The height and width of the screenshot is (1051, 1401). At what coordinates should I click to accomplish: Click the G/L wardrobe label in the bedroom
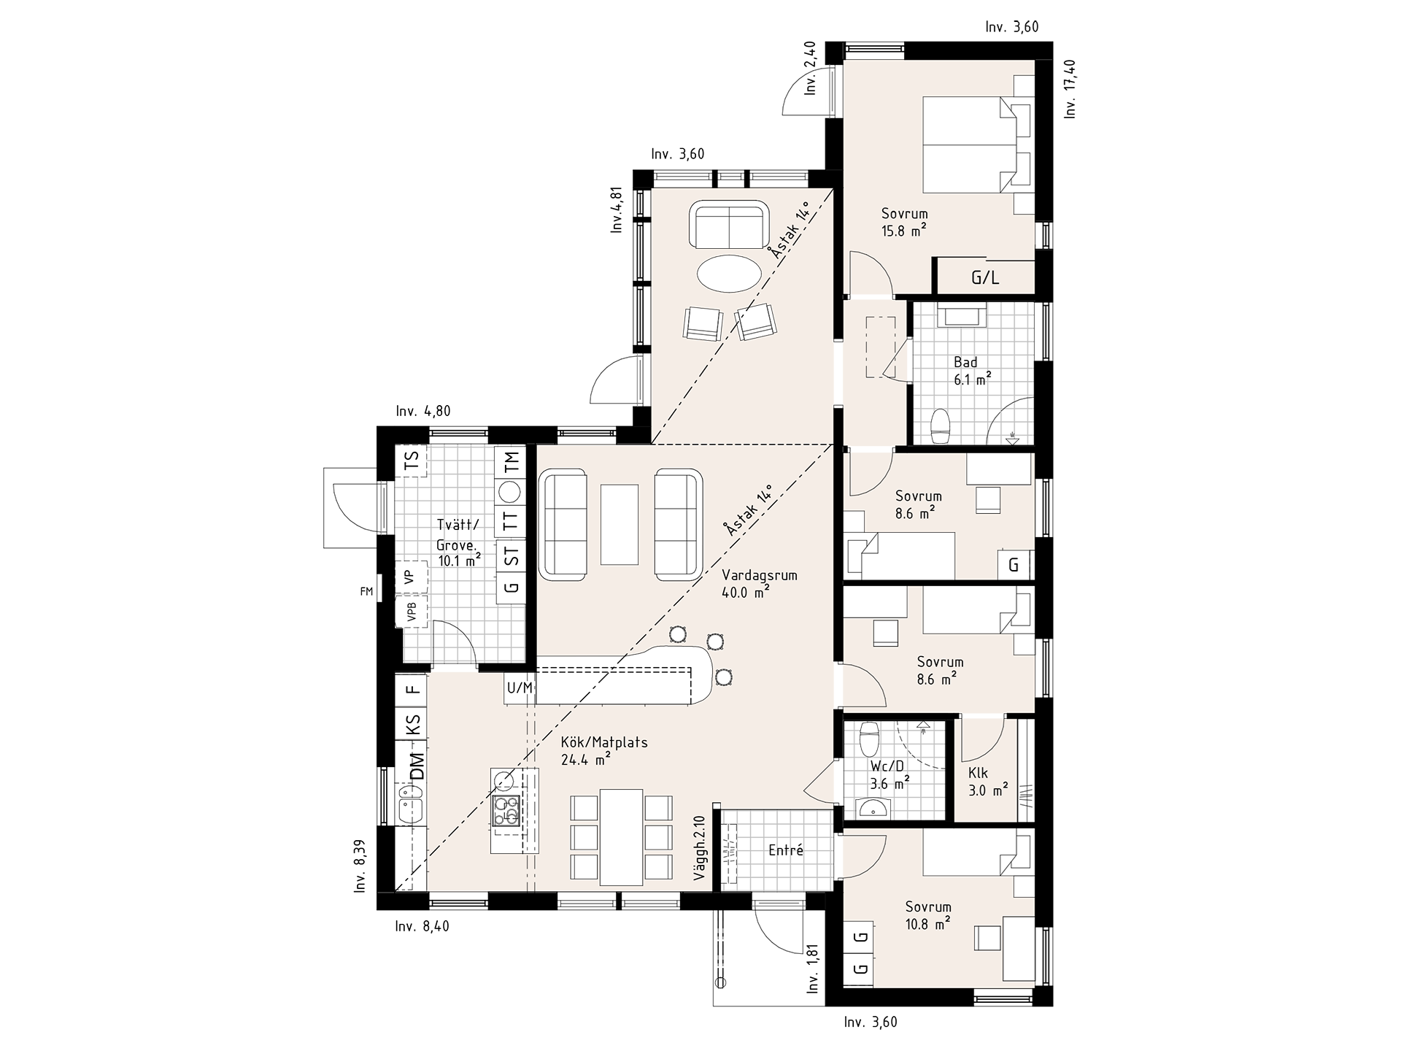click(985, 277)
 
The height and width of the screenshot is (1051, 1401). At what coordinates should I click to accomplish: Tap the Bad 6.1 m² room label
click(972, 371)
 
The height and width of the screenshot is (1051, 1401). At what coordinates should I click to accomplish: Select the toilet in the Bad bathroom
click(941, 426)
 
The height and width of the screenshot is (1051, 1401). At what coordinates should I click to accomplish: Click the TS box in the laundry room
click(412, 461)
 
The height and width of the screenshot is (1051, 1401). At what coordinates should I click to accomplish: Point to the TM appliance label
click(511, 461)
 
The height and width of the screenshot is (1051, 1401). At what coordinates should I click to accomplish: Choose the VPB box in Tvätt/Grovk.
click(412, 612)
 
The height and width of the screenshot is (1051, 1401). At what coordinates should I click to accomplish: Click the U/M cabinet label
click(520, 688)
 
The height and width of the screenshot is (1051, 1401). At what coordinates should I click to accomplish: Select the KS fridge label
click(412, 724)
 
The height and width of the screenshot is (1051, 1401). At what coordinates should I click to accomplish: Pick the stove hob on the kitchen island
click(506, 810)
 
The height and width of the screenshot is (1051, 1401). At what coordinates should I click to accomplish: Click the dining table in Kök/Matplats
click(621, 836)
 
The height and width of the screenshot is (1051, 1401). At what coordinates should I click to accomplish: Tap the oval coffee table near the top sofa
click(729, 274)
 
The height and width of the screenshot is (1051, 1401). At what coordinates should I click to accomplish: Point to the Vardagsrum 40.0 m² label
click(759, 584)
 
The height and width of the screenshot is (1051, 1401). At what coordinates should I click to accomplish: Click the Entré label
click(786, 850)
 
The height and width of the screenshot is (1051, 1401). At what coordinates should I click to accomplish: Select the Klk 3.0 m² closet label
click(988, 781)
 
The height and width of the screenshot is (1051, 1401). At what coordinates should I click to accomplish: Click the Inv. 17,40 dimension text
click(1070, 88)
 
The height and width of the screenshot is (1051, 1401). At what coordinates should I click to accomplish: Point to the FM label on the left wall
click(366, 592)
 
